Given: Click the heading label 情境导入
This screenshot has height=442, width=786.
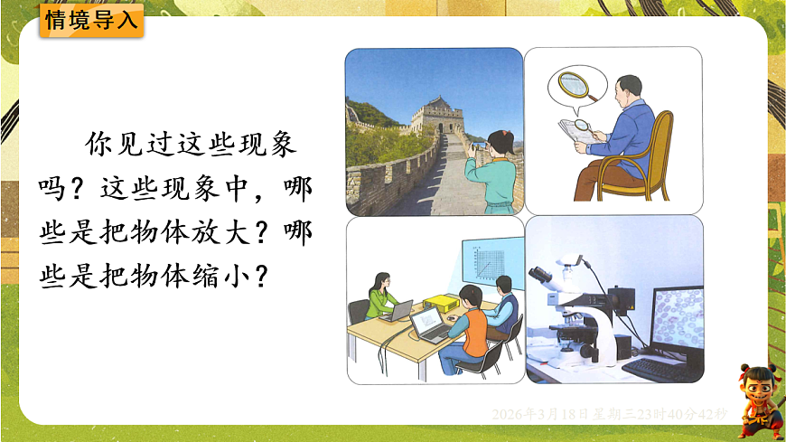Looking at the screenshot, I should pyautogui.click(x=90, y=20).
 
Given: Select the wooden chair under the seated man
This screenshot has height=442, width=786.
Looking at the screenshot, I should pyautogui.click(x=648, y=163).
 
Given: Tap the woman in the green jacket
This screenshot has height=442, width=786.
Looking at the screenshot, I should pyautogui.click(x=381, y=291).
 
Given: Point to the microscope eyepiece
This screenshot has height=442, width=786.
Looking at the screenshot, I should pyautogui.click(x=541, y=272).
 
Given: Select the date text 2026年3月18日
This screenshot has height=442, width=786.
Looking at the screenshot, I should pyautogui.click(x=539, y=414).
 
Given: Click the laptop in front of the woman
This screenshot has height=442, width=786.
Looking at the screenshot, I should pyautogui.click(x=398, y=310).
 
